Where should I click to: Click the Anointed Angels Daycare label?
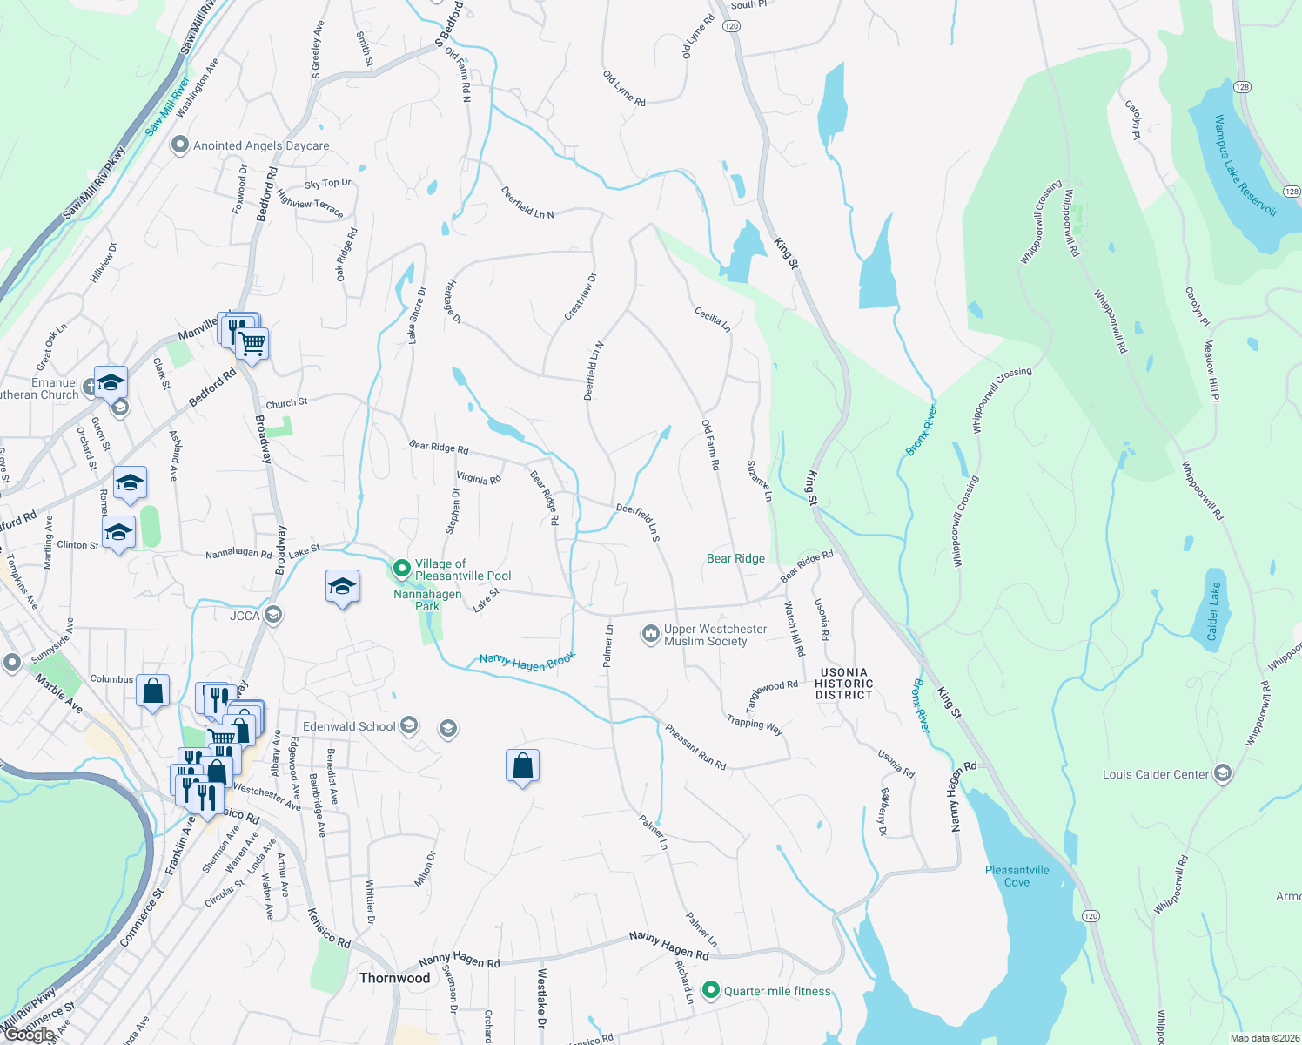tap(261, 145)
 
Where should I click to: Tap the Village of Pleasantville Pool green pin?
tap(401, 569)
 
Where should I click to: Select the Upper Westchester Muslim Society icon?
tap(650, 634)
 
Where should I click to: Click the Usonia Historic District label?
tap(843, 684)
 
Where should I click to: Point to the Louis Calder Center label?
tap(1156, 774)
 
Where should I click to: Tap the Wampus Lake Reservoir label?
tap(1245, 165)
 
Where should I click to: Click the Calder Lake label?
tap(1213, 611)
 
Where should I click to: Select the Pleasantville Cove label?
tap(1017, 876)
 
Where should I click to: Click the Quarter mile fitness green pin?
tap(711, 990)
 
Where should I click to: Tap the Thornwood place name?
tap(394, 978)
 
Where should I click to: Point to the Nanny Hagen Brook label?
tap(527, 662)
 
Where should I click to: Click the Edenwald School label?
tap(349, 726)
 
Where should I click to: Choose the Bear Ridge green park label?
tap(735, 559)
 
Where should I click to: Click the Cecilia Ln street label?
tap(712, 319)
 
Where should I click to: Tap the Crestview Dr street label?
tap(581, 296)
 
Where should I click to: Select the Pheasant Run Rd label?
tap(695, 746)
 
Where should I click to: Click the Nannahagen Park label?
tap(427, 600)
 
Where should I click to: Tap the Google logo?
tap(29, 1035)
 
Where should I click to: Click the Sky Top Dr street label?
tap(327, 184)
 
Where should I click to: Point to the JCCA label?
tap(245, 616)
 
